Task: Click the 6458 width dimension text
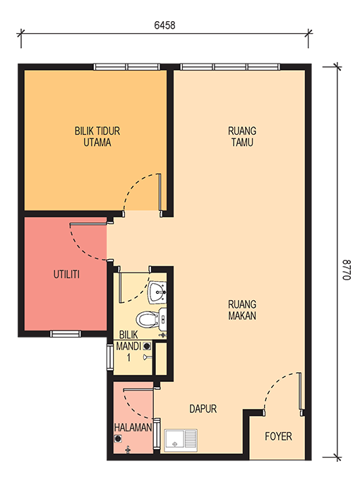164,25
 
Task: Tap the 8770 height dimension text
347,270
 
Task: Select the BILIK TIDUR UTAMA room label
97,136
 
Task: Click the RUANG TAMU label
242,136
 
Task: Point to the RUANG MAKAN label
242,310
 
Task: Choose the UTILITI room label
66,274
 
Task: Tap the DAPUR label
203,409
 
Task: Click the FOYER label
278,436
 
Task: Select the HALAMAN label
133,427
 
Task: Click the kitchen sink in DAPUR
181,440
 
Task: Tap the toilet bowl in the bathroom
148,319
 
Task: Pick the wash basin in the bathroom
158,292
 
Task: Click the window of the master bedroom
127,67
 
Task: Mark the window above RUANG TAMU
230,67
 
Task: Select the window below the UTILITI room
66,333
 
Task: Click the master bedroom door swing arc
135,185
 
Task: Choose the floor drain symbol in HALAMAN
117,439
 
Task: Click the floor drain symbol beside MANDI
147,346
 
